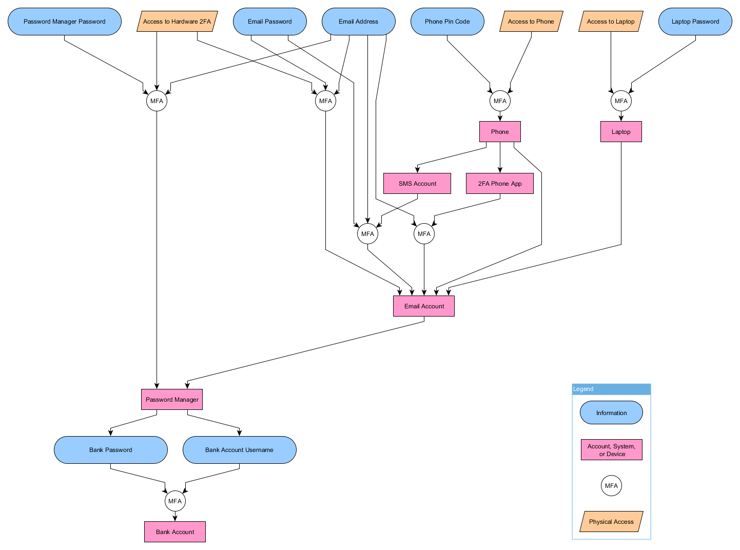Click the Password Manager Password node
click(65, 22)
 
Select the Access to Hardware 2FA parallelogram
click(177, 22)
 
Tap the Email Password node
click(270, 22)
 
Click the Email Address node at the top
click(359, 22)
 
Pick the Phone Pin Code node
click(447, 22)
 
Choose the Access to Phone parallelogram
click(531, 22)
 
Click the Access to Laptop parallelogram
click(611, 22)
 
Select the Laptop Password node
click(695, 22)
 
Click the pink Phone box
click(500, 132)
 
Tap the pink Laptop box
click(621, 132)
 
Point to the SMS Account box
click(417, 184)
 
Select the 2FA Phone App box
click(500, 184)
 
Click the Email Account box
click(424, 306)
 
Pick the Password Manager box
click(172, 400)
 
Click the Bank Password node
click(111, 450)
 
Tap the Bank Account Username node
click(240, 450)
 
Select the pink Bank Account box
click(175, 532)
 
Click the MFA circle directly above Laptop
click(621, 101)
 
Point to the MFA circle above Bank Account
click(175, 501)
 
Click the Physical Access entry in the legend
click(611, 522)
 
